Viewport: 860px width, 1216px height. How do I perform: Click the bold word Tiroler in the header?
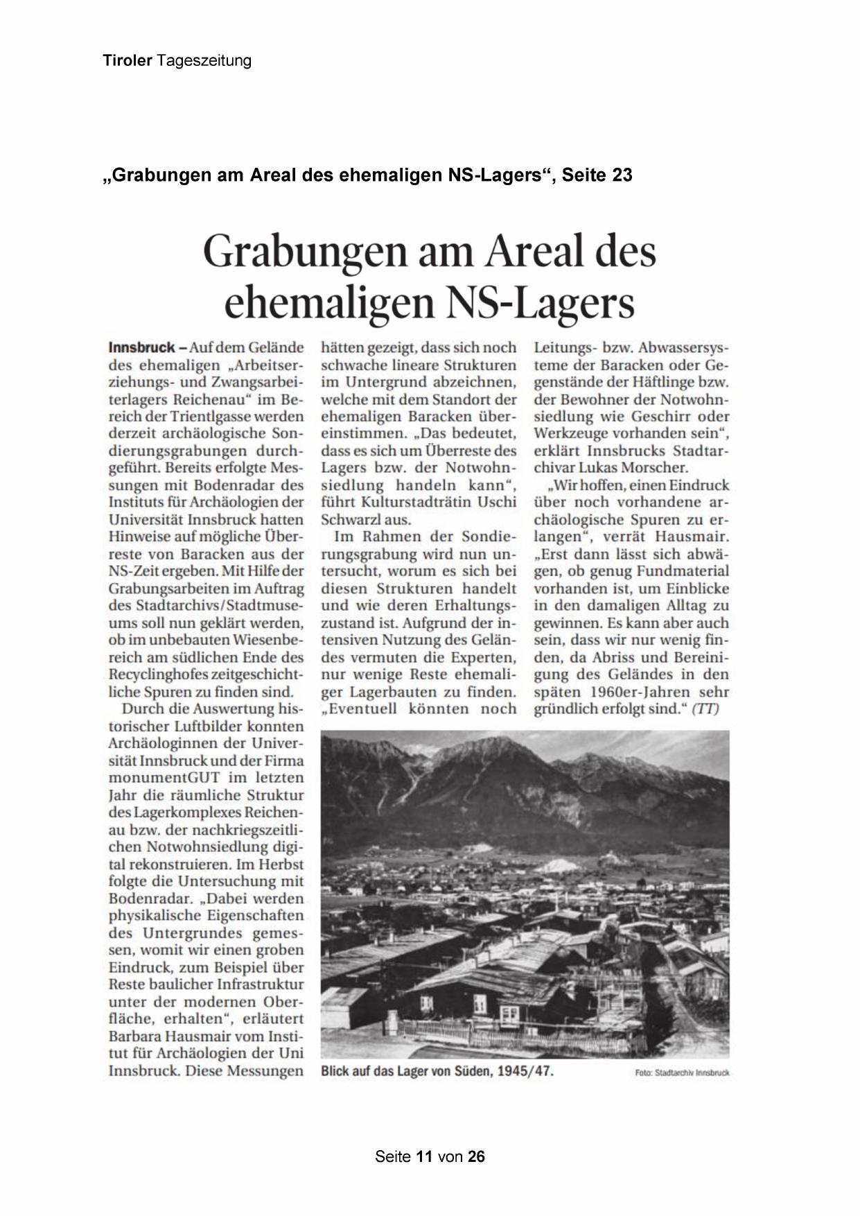point(127,60)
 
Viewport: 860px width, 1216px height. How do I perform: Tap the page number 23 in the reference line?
point(622,175)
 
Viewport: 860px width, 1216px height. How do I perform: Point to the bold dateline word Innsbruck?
point(142,347)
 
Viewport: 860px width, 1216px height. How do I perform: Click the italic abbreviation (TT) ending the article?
point(706,709)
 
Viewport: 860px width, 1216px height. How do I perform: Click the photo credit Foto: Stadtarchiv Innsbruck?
point(682,1072)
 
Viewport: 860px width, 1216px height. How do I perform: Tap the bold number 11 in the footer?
point(425,1156)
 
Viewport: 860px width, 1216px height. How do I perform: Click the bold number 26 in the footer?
point(477,1156)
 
